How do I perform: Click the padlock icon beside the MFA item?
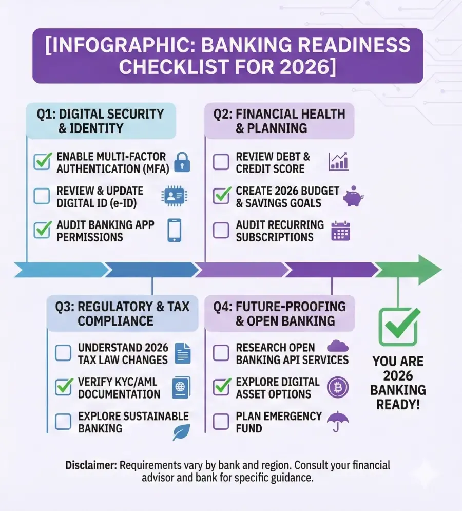tap(182, 162)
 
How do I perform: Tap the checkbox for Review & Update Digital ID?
tap(42, 196)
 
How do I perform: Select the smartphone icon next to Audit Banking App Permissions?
tap(175, 230)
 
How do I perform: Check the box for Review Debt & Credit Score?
tap(221, 162)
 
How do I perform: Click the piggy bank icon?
tap(354, 196)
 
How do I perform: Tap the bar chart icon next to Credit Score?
tap(338, 161)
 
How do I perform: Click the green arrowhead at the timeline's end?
tap(430, 270)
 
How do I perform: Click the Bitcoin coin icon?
tap(338, 387)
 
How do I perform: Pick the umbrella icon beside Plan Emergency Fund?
tap(338, 421)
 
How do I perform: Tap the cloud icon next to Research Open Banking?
tap(338, 346)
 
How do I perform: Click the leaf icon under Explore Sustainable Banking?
tap(182, 432)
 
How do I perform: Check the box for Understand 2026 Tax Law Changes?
tap(63, 353)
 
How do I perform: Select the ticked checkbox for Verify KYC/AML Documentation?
tap(64, 387)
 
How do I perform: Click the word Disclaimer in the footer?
tap(91, 465)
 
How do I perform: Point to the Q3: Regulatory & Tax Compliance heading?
tap(122, 313)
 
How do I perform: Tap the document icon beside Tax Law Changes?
tap(183, 353)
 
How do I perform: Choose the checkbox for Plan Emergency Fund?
tap(221, 421)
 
